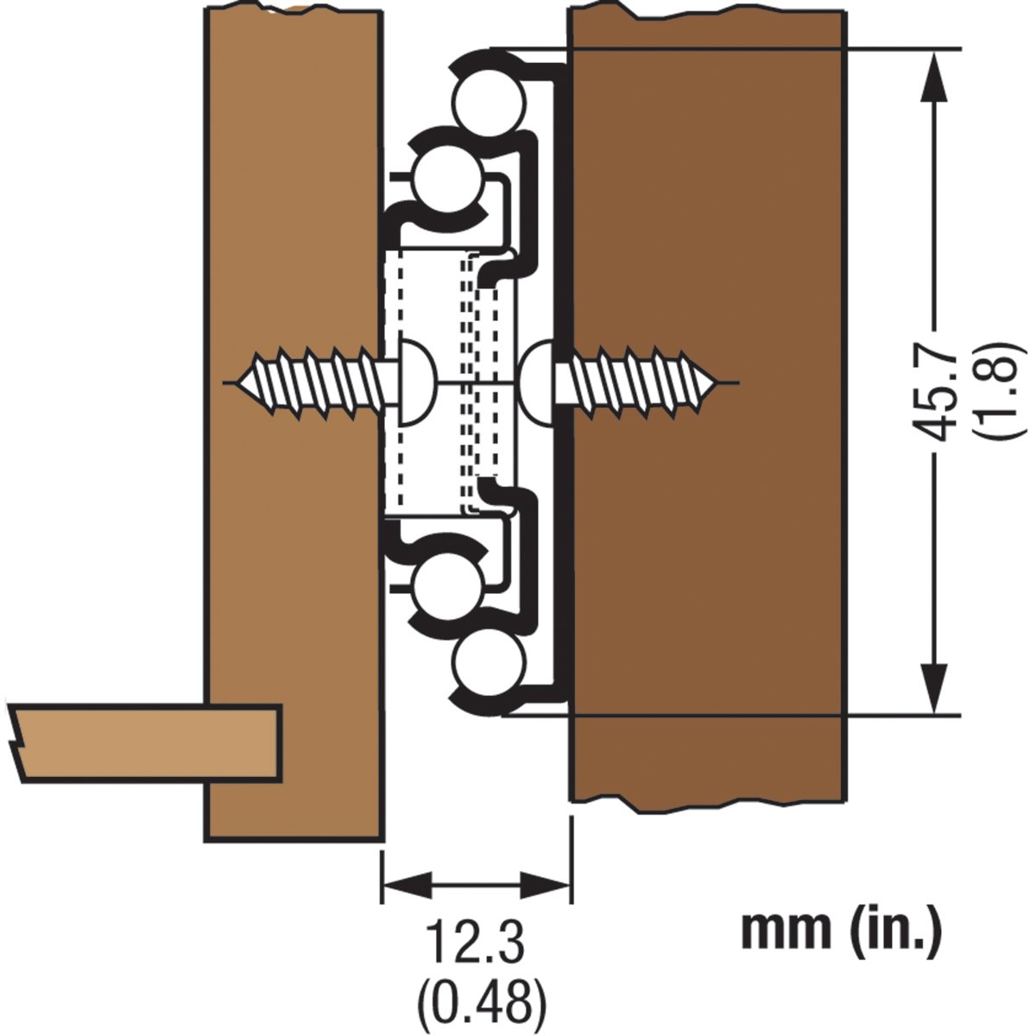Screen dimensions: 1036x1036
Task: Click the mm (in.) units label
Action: point(841,932)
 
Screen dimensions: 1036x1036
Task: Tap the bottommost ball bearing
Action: point(489,666)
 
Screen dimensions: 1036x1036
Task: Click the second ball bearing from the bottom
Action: point(445,585)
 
